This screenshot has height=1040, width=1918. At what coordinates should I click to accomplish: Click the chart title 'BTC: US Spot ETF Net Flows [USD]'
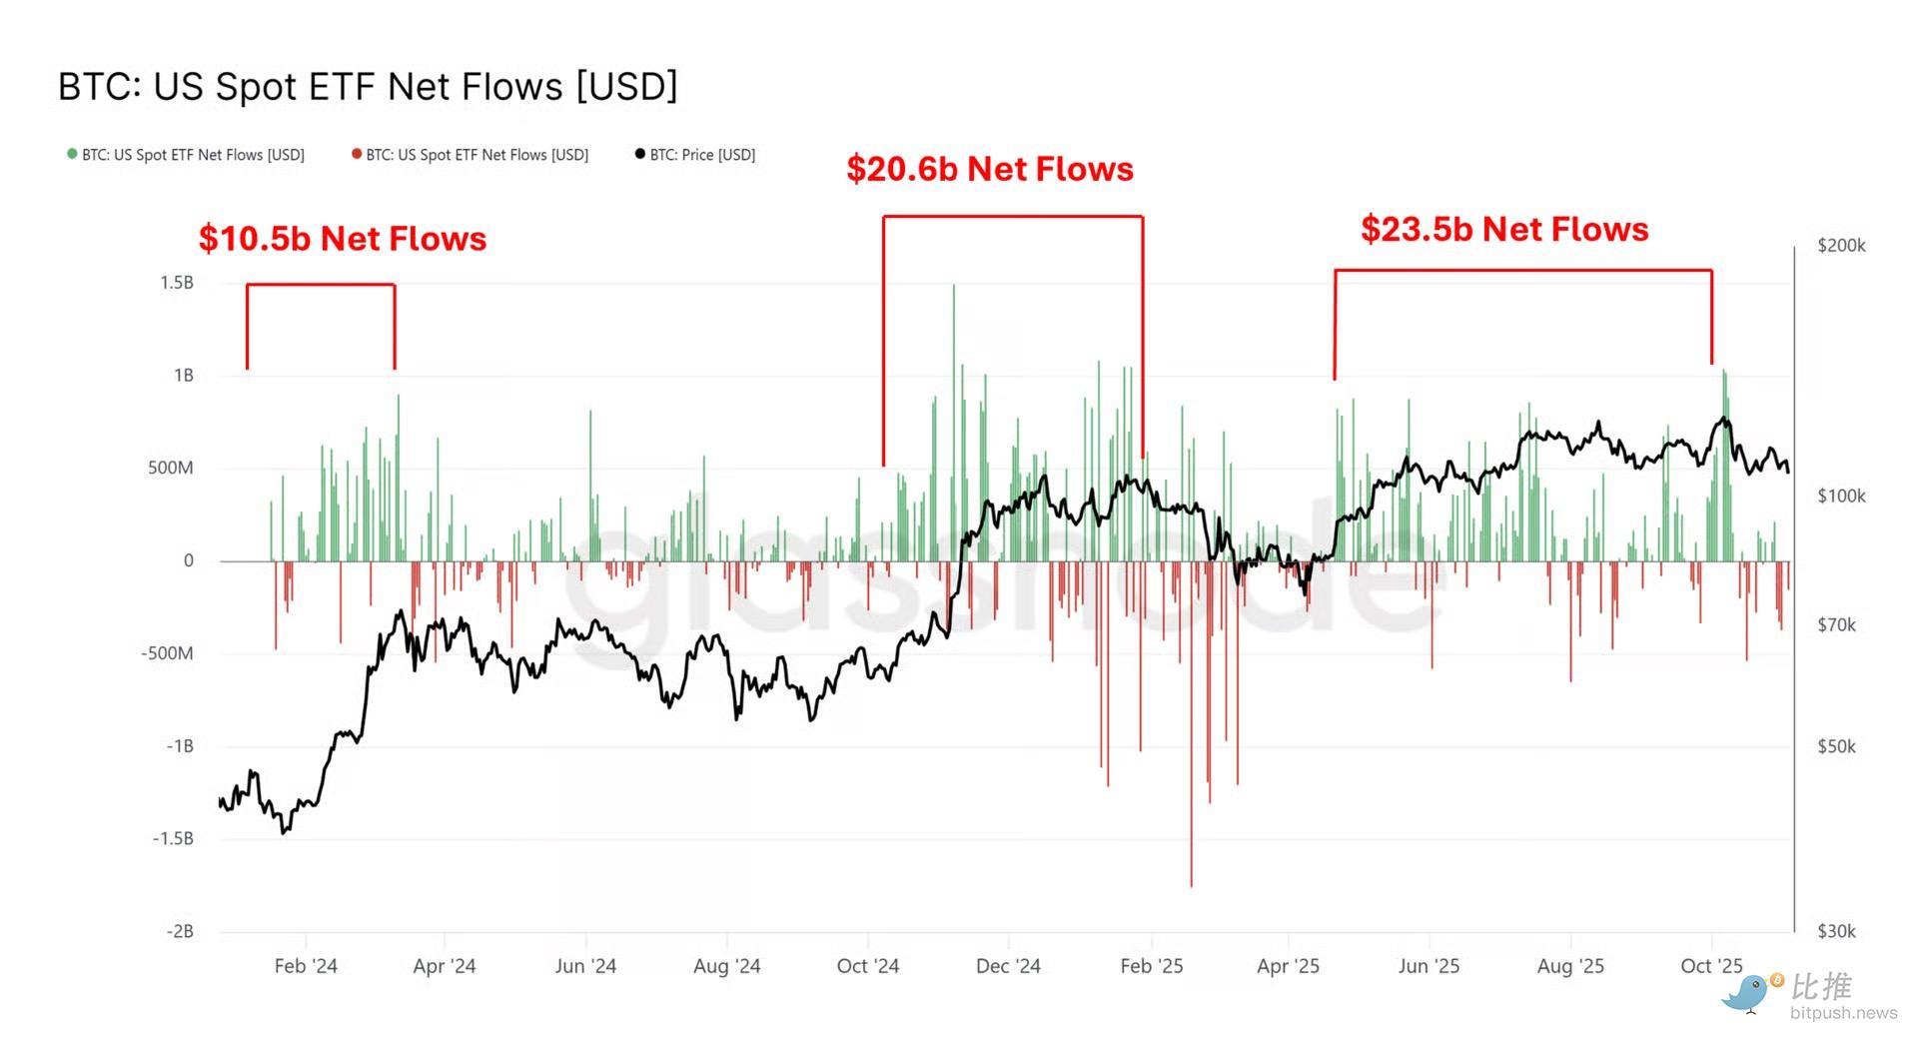pyautogui.click(x=368, y=87)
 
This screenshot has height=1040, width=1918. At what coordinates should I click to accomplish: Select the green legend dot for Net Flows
pyautogui.click(x=72, y=154)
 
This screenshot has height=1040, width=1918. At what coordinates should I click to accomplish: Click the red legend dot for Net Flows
pyautogui.click(x=357, y=154)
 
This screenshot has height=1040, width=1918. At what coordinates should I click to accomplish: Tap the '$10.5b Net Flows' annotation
pyautogui.click(x=342, y=239)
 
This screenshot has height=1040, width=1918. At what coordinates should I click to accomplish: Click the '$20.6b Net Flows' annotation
pyautogui.click(x=989, y=169)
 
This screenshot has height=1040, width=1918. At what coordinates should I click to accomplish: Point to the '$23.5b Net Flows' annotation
pyautogui.click(x=1503, y=229)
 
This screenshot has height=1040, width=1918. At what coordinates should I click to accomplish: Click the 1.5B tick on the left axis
pyautogui.click(x=177, y=283)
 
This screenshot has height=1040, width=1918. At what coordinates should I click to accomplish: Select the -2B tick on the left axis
pyautogui.click(x=179, y=931)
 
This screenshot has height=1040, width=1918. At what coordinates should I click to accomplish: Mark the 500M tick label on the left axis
pyautogui.click(x=171, y=468)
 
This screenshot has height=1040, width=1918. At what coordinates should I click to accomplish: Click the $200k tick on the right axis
pyautogui.click(x=1841, y=246)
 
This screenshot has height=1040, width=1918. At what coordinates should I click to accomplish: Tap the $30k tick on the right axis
pyautogui.click(x=1837, y=931)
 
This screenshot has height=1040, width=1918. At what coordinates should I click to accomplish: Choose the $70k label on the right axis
pyautogui.click(x=1836, y=625)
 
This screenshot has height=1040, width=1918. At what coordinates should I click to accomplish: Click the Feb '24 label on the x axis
pyautogui.click(x=306, y=966)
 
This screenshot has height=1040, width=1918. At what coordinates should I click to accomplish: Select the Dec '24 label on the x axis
pyautogui.click(x=1008, y=966)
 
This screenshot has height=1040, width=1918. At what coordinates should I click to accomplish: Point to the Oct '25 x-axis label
pyautogui.click(x=1711, y=966)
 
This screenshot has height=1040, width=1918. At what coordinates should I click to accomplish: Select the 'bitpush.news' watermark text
pyautogui.click(x=1843, y=1013)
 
